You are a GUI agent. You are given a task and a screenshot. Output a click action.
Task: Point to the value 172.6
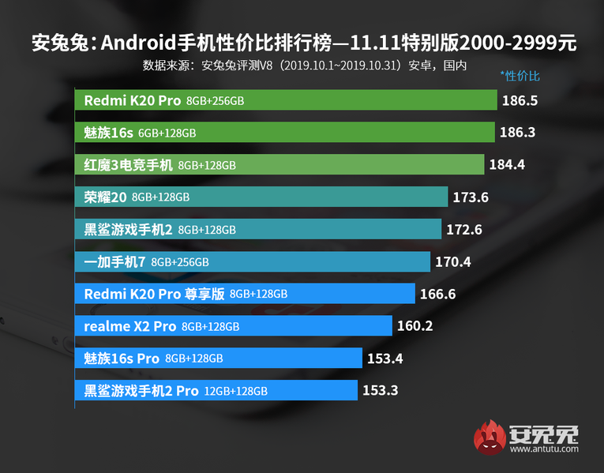tap(463, 229)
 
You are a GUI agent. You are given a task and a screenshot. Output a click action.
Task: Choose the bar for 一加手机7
tap(253, 261)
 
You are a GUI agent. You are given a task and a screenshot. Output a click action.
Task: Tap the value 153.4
tap(385, 358)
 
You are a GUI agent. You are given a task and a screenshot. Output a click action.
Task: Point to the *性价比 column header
tap(520, 77)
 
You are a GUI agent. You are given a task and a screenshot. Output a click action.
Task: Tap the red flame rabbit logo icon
tap(490, 438)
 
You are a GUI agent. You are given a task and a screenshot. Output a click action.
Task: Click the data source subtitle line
tap(305, 65)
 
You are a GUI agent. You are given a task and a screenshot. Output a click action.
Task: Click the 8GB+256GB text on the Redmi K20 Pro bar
tap(216, 101)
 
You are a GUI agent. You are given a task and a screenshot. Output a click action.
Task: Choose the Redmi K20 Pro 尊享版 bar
tap(245, 294)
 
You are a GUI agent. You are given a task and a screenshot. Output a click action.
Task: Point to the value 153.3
tap(380, 390)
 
